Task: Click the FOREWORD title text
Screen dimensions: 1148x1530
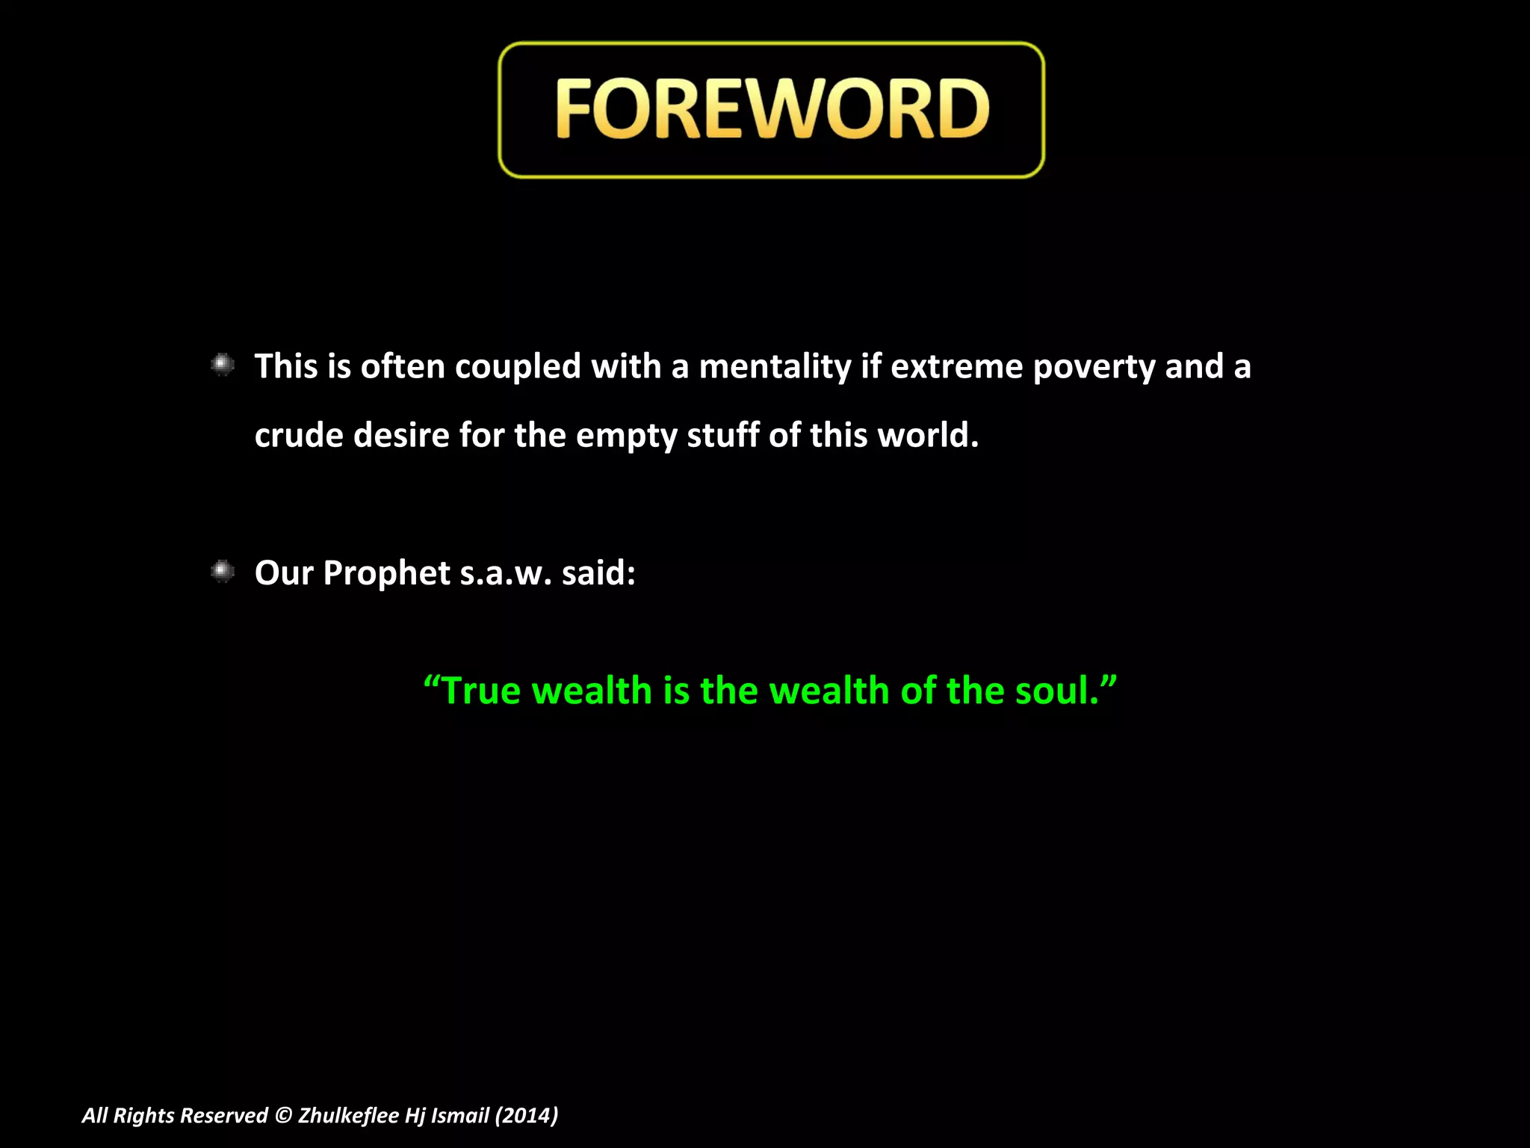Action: tap(772, 110)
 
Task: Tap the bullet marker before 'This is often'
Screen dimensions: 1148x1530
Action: tap(223, 365)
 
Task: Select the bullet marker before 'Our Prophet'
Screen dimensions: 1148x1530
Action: tap(223, 572)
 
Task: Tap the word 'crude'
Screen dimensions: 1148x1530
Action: tap(299, 436)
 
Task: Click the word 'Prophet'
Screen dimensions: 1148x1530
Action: tap(387, 574)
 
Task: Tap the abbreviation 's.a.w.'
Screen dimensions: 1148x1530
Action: tap(506, 574)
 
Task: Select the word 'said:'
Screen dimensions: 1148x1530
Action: tap(598, 574)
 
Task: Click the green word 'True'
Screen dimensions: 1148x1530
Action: tap(481, 691)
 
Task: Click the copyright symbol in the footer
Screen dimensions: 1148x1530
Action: tap(283, 1116)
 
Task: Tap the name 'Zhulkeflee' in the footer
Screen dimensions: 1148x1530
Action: tap(348, 1116)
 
